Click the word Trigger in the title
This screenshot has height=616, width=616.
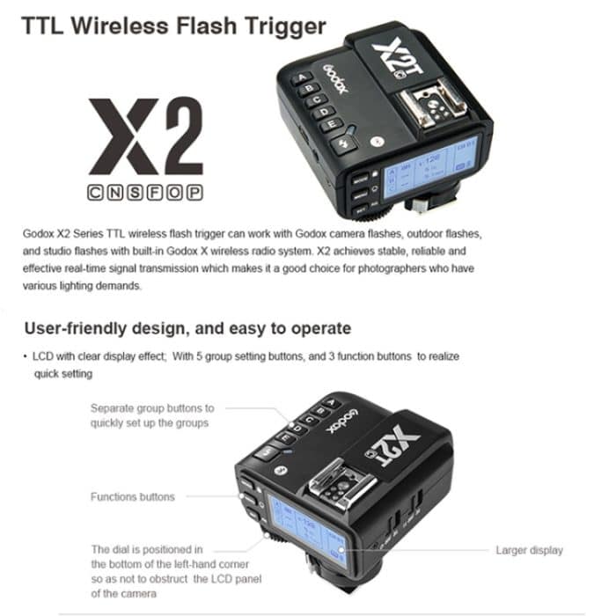pyautogui.click(x=276, y=26)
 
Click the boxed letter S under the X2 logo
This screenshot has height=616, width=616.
pyautogui.click(x=132, y=191)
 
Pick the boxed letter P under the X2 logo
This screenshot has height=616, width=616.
pyautogui.click(x=194, y=191)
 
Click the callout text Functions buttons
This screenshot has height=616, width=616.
pyautogui.click(x=132, y=497)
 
